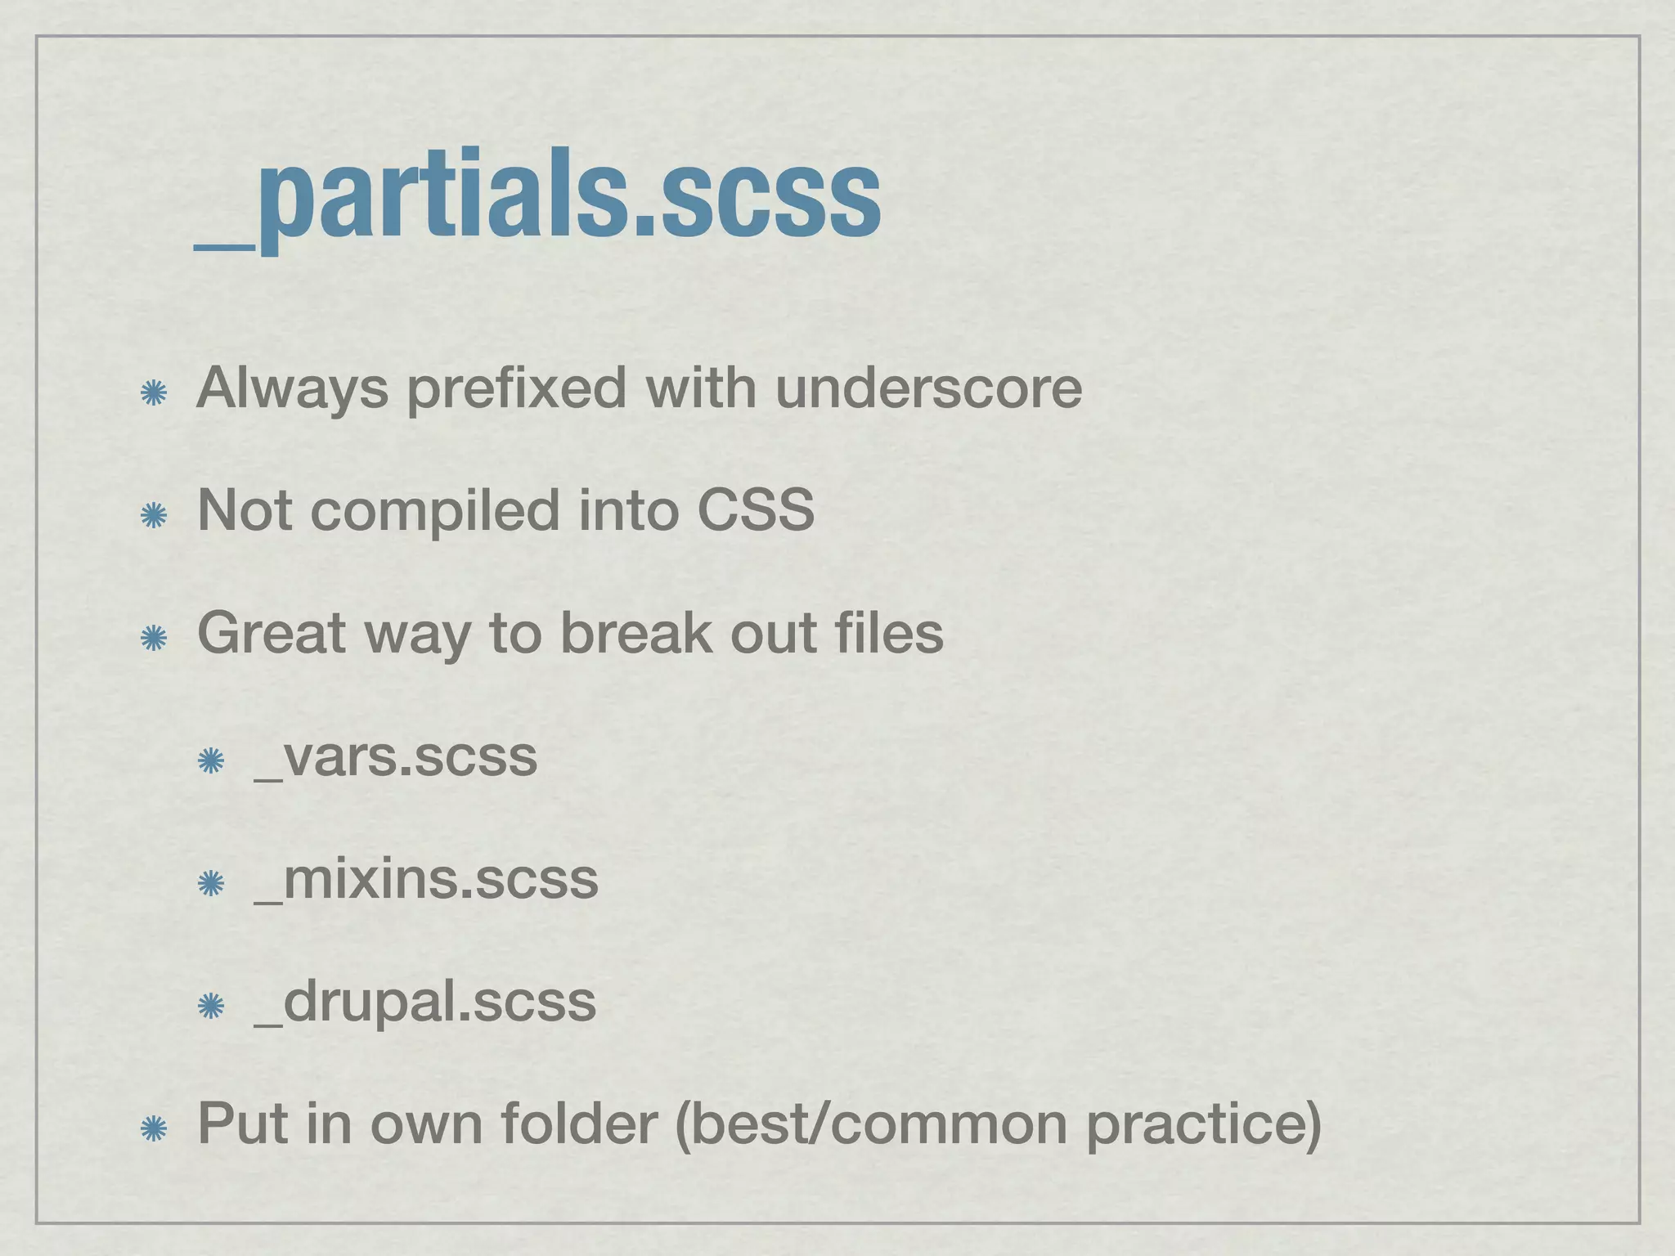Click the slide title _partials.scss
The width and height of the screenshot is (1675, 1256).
tap(537, 196)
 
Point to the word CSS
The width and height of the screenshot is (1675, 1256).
tap(755, 510)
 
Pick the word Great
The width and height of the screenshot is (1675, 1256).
tap(272, 633)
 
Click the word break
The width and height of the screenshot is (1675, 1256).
tap(636, 633)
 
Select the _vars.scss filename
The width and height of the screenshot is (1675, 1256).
tap(396, 756)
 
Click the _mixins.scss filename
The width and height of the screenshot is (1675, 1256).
tap(426, 879)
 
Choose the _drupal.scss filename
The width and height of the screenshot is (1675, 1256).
tap(425, 1003)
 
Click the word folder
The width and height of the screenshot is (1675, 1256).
tap(579, 1124)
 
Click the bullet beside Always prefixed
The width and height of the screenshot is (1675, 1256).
tap(153, 393)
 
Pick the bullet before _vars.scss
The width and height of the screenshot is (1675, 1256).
tap(211, 761)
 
